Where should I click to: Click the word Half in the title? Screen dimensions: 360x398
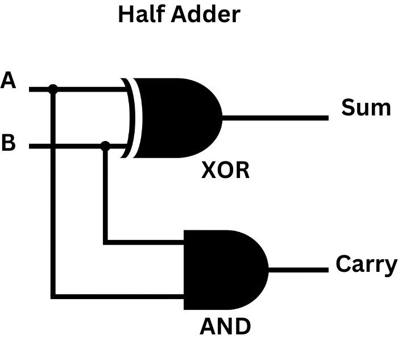pyautogui.click(x=140, y=14)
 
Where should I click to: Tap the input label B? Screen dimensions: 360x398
pyautogui.click(x=9, y=143)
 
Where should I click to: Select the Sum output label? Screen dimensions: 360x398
pyautogui.click(x=366, y=107)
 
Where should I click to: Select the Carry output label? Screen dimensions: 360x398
pyautogui.click(x=366, y=264)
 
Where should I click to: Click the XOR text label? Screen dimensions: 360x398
pyautogui.click(x=226, y=171)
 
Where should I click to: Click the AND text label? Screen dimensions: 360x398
pyautogui.click(x=225, y=326)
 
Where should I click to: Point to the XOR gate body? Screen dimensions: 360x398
pyautogui.click(x=176, y=118)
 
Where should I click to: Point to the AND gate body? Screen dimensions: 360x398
pyautogui.click(x=222, y=270)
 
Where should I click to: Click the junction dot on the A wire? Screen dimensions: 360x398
pyautogui.click(x=53, y=89)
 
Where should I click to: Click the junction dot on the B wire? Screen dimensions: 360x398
pyautogui.click(x=105, y=146)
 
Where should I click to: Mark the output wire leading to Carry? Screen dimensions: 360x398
pyautogui.click(x=298, y=270)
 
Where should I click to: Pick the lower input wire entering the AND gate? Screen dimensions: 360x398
pyautogui.click(x=119, y=296)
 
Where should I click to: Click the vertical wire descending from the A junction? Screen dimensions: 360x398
pyautogui.click(x=53, y=193)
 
